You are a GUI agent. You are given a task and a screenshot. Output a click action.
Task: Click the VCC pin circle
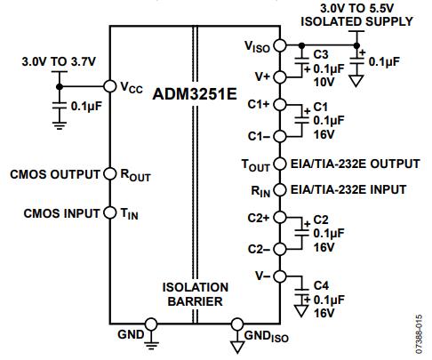(109, 86)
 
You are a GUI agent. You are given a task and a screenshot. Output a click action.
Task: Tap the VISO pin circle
(280, 45)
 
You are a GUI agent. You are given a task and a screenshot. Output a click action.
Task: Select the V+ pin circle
(280, 77)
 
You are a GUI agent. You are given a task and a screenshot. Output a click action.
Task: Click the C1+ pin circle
(280, 105)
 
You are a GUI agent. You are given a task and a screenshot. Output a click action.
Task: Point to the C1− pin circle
(280, 136)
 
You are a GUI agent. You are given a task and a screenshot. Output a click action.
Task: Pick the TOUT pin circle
(280, 164)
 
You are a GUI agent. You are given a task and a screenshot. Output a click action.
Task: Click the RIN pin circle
(280, 190)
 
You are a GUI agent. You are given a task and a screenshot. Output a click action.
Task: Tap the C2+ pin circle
(280, 217)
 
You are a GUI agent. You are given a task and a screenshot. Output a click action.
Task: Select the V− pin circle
(280, 276)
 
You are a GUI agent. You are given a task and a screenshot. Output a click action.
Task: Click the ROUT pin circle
(109, 173)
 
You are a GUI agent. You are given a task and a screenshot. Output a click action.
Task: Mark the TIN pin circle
(109, 212)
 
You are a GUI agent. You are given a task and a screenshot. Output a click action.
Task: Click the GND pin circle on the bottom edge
(151, 324)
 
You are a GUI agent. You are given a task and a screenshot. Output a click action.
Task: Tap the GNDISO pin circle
(237, 324)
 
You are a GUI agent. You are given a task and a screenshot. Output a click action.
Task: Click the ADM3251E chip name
(195, 94)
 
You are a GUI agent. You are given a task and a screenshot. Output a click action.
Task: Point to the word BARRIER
(196, 301)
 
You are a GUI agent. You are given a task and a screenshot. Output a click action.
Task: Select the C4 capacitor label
(321, 285)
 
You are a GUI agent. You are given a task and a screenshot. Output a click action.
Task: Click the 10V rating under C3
(324, 82)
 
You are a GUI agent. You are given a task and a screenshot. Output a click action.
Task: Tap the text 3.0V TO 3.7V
(59, 61)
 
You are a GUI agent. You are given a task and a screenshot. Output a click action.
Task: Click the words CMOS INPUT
(61, 213)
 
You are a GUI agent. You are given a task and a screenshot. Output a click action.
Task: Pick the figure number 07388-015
(419, 334)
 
